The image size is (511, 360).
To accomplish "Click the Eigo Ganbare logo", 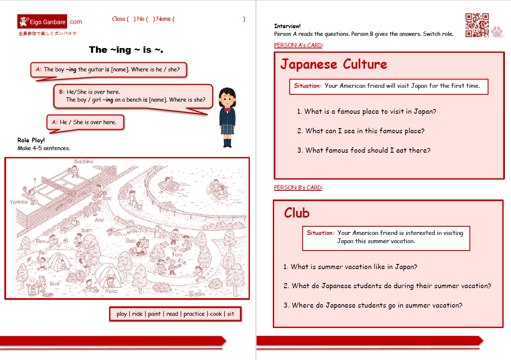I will pyautogui.click(x=49, y=22).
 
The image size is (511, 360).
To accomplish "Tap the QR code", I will pyautogui.click(x=477, y=25).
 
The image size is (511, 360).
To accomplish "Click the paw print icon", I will pyautogui.click(x=497, y=32).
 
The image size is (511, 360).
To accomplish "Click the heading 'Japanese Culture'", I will pyautogui.click(x=333, y=64).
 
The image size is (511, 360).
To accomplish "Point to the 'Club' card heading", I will pyautogui.click(x=297, y=213).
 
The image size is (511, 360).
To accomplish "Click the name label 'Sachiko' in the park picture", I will pyautogui.click(x=84, y=161).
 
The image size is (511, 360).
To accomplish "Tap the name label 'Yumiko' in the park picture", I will pyautogui.click(x=19, y=202).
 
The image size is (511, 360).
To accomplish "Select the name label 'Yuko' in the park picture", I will pyautogui.click(x=111, y=291).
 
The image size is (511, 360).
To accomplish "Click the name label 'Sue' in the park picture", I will pyautogui.click(x=54, y=283).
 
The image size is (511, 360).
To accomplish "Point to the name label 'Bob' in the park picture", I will pyautogui.click(x=131, y=241).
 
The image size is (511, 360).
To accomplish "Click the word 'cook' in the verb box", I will pyautogui.click(x=216, y=314).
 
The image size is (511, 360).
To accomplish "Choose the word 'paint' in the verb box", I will pyautogui.click(x=154, y=314).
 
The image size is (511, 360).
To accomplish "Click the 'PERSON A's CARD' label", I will pyautogui.click(x=298, y=45).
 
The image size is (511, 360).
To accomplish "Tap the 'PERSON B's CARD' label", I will pyautogui.click(x=298, y=187).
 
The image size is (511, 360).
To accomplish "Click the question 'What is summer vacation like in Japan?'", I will pyautogui.click(x=350, y=267).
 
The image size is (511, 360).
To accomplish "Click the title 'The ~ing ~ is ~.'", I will pyautogui.click(x=126, y=50).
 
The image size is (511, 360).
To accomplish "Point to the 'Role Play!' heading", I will pyautogui.click(x=31, y=140).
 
